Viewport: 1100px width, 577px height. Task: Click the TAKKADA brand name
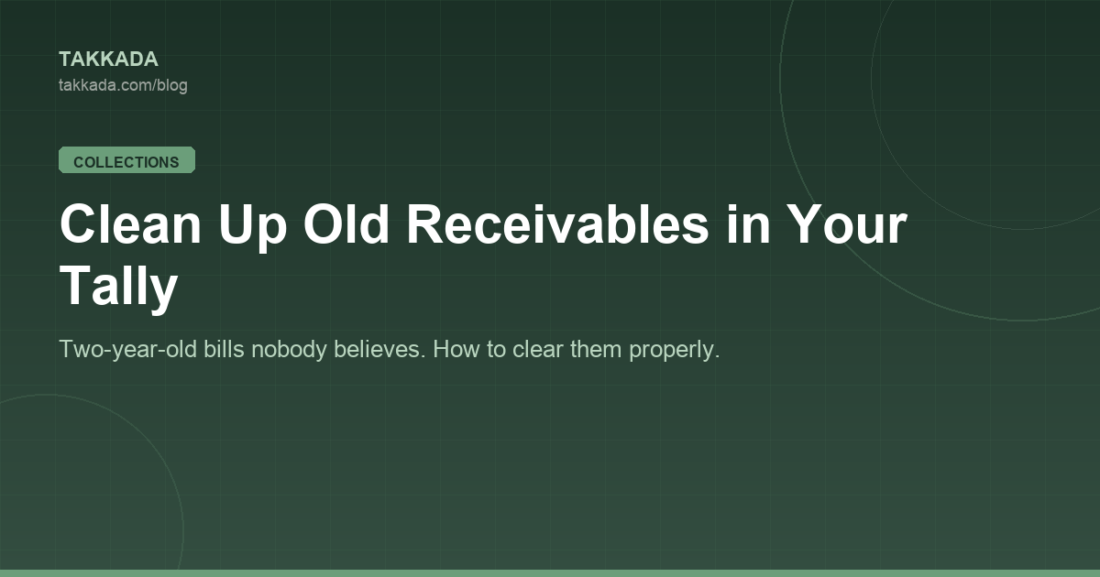108,60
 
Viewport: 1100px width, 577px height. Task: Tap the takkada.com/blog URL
123,85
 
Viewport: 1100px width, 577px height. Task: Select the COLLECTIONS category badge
126,160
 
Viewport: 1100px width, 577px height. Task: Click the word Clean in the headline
130,224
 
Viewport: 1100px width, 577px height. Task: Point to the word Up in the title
252,228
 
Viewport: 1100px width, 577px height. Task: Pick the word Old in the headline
346,223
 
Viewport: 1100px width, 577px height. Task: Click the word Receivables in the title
558,223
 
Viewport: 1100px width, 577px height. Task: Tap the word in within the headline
748,224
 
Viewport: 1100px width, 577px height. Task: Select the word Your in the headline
846,224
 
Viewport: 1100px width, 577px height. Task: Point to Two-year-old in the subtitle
127,350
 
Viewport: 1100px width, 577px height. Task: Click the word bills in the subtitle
224,349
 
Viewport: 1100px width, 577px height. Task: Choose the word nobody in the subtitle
289,350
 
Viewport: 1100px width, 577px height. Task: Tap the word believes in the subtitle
379,349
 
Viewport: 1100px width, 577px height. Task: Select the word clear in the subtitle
538,349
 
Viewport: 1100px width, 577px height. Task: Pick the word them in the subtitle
596,349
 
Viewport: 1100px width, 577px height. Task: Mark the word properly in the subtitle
675,350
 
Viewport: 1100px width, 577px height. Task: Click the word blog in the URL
172,85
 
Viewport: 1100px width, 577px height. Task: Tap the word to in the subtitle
497,350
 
